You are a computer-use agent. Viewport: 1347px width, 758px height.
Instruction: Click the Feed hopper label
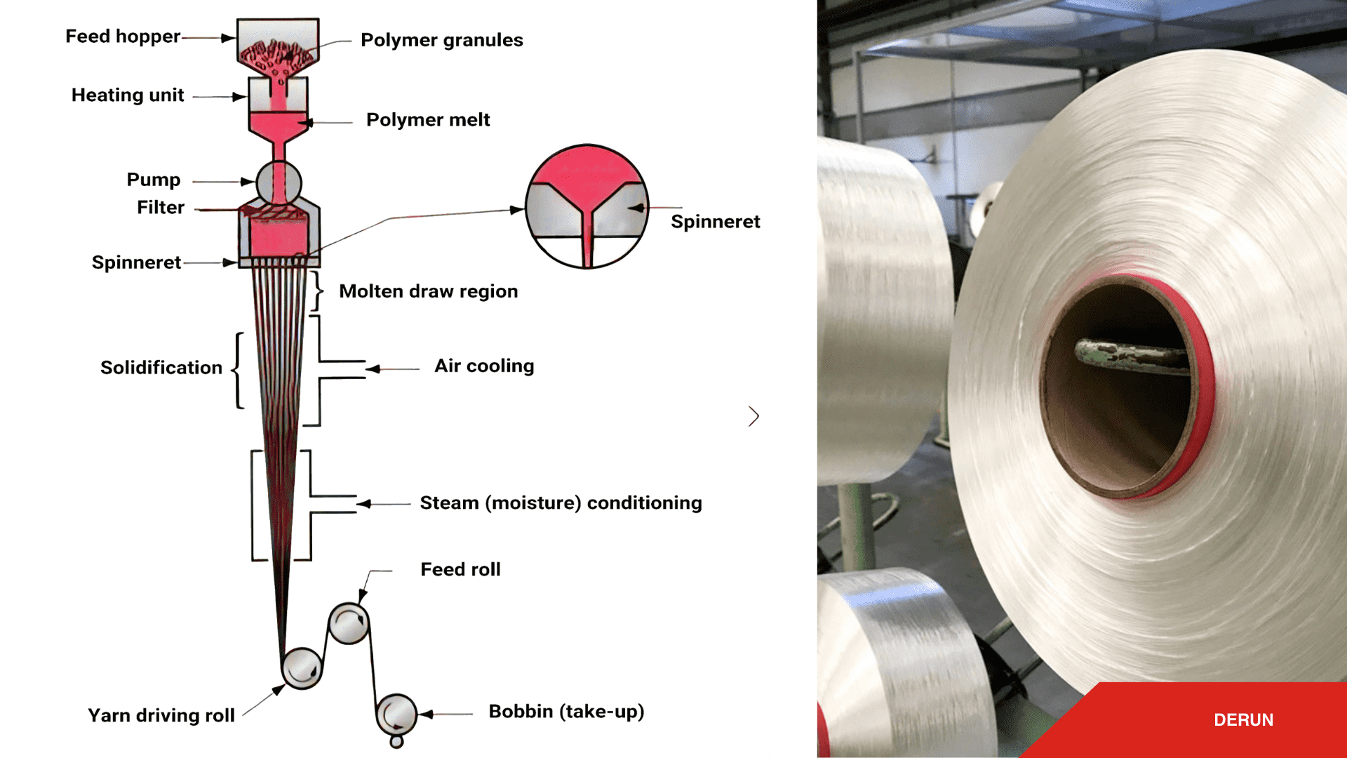[x=123, y=36]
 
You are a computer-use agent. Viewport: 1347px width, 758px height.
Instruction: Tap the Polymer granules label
[x=441, y=40]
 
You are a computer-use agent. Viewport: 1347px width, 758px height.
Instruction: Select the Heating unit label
[x=128, y=95]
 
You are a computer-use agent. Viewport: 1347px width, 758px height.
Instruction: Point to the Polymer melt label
[x=428, y=120]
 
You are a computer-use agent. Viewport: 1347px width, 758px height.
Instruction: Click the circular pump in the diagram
[x=279, y=182]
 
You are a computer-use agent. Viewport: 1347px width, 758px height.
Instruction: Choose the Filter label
[x=161, y=208]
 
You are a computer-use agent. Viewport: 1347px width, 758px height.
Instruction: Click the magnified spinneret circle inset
[x=587, y=206]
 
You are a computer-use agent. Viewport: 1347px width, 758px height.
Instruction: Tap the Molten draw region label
[x=428, y=291]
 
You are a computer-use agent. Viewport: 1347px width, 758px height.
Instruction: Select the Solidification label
[x=161, y=368]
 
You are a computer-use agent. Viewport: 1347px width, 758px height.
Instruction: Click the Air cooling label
[x=484, y=366]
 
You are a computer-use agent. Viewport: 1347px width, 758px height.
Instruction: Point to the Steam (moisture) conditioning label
[x=561, y=503]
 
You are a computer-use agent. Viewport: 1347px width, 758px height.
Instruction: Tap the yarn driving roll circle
[x=302, y=667]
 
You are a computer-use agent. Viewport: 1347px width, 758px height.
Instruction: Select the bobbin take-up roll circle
[x=396, y=714]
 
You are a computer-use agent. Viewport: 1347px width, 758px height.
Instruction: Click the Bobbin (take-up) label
[x=566, y=712]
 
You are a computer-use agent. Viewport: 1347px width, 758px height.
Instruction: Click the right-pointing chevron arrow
[x=753, y=416]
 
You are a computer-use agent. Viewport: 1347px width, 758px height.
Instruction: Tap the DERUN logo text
[x=1243, y=720]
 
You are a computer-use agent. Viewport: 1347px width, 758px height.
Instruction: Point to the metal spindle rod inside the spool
[x=1130, y=354]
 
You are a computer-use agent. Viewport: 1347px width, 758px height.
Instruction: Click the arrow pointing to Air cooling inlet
[x=375, y=368]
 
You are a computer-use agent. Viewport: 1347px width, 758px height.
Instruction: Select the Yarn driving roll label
[x=161, y=716]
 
